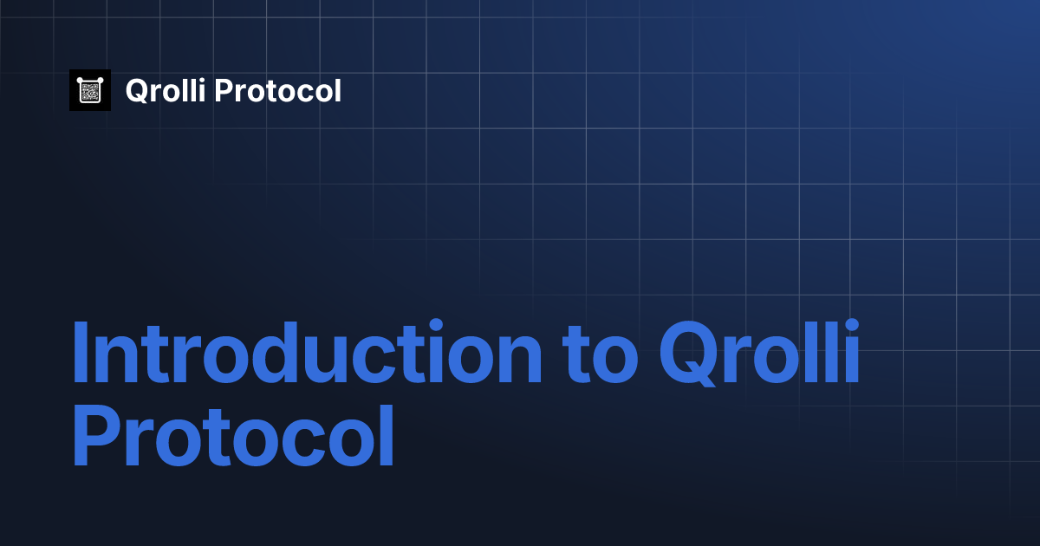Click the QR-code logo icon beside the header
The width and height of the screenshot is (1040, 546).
pos(90,90)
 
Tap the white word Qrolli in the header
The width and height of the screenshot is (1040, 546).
pos(166,91)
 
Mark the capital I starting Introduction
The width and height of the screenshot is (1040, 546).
pos(81,354)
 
